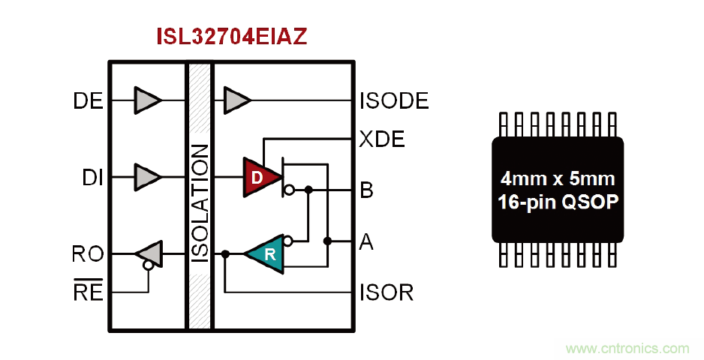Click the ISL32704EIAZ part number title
(231, 37)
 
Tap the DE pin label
(89, 100)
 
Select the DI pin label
(92, 178)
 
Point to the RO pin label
(88, 254)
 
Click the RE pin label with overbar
(88, 291)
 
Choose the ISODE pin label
(394, 100)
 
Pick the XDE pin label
(382, 139)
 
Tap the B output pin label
(367, 190)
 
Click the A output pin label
(367, 241)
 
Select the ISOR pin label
(387, 292)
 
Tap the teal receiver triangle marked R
(266, 253)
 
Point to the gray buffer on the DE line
(147, 100)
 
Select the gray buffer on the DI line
(147, 177)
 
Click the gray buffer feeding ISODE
(237, 100)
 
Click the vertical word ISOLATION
(200, 202)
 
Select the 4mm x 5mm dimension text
(558, 179)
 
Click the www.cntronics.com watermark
(627, 348)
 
